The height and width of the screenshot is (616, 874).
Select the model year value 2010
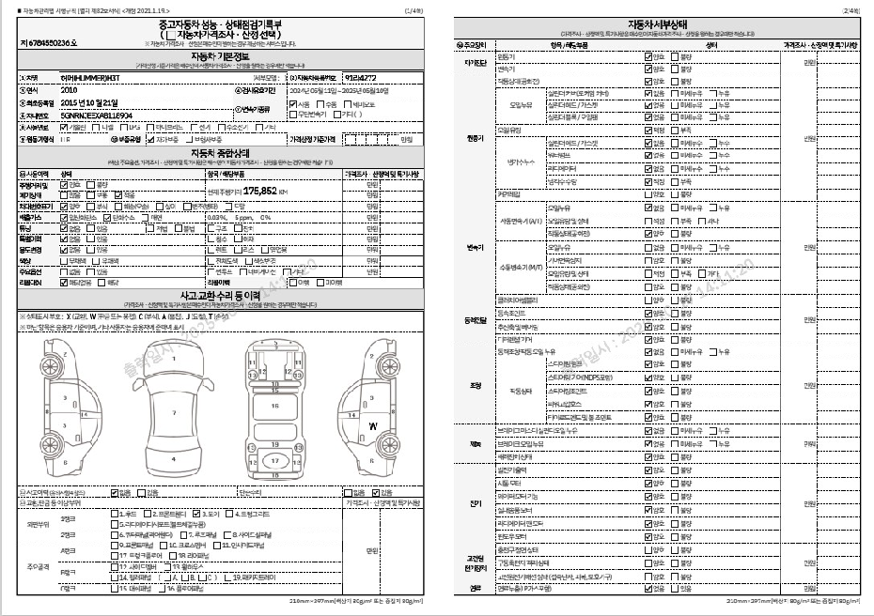(69, 90)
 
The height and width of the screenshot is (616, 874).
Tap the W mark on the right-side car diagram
(373, 425)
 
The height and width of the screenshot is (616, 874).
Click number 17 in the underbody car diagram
(274, 461)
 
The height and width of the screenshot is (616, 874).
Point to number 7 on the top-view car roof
(174, 412)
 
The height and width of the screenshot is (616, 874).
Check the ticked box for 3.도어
(196, 515)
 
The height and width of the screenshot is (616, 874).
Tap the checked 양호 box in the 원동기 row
(648, 56)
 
